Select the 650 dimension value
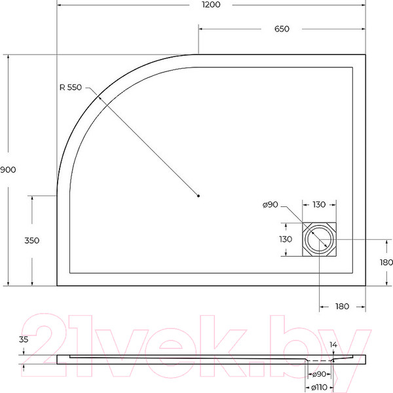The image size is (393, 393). pos(282,29)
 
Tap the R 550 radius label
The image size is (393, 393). pos(70,88)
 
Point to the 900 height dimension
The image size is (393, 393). pos(8,170)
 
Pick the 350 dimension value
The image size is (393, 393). pos(31,240)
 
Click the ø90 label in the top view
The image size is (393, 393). pos(271,205)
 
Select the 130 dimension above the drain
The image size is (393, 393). pos(319,205)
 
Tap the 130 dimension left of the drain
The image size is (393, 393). pos(286,240)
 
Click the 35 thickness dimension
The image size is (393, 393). pos(24,340)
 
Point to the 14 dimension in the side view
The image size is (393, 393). pos(333,345)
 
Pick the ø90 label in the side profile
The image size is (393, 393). pos(320,374)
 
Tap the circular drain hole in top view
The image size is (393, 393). pos(320,240)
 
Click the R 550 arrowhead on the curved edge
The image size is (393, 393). pos(99,97)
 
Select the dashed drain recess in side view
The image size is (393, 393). pos(320,360)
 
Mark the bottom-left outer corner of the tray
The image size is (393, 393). pos(58,286)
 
